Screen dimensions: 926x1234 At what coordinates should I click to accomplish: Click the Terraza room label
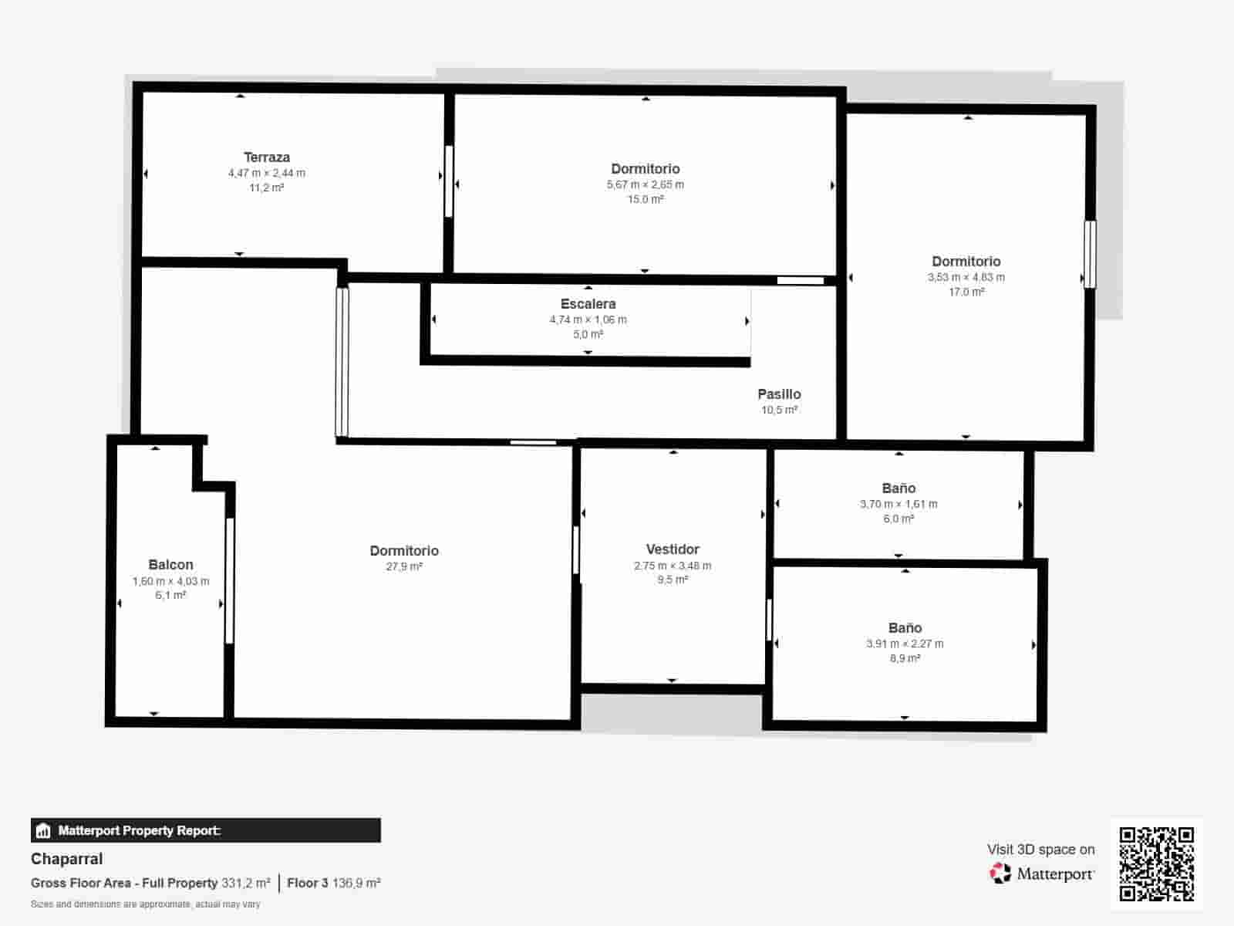267,157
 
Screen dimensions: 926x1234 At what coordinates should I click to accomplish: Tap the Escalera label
588,304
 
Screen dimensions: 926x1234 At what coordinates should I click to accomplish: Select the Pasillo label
779,394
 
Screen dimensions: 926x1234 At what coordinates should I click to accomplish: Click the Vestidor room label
673,549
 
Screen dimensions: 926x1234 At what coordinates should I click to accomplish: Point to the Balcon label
170,565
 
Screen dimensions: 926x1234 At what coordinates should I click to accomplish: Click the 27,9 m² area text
404,566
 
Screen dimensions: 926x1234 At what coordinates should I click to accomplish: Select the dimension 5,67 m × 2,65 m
645,184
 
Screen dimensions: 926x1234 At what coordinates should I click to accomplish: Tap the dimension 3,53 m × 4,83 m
966,277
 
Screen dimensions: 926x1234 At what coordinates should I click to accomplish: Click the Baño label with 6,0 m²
899,488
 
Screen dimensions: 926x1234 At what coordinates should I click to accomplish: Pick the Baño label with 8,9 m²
905,628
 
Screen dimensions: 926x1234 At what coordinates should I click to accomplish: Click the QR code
1156,863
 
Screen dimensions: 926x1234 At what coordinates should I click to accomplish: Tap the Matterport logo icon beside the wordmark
1000,874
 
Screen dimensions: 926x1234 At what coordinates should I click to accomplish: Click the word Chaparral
66,859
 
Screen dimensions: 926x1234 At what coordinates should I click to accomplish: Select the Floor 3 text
307,883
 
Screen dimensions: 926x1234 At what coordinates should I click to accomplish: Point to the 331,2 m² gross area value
245,883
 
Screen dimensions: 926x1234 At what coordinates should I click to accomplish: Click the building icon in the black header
43,831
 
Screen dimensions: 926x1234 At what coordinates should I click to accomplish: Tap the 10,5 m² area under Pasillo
779,410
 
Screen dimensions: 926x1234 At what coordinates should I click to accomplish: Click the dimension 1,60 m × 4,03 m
170,581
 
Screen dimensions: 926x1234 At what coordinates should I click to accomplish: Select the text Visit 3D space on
1040,850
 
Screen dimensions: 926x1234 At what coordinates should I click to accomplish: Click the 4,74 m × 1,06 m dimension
588,319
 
